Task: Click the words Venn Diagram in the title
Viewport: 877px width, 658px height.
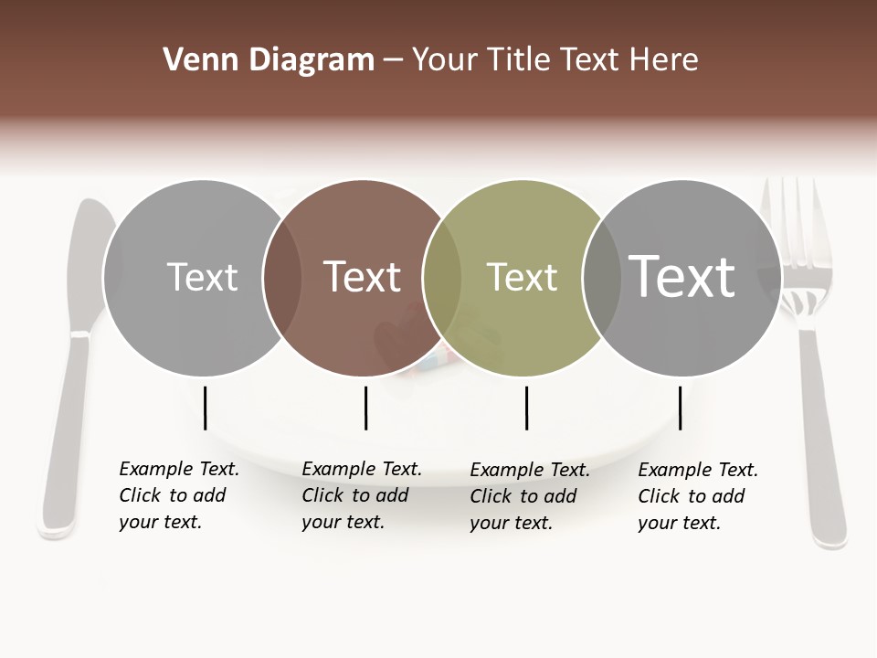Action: point(268,60)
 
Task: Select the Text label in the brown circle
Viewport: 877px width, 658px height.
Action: point(363,277)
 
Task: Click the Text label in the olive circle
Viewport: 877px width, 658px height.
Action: point(522,278)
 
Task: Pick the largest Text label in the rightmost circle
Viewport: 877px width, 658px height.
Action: point(682,276)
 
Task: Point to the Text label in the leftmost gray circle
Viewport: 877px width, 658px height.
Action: point(203,277)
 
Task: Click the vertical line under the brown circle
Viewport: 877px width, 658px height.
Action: point(365,408)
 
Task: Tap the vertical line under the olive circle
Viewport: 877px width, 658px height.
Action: point(526,408)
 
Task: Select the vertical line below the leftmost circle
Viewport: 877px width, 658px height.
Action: point(206,408)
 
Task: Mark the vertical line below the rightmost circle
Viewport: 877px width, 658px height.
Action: point(680,408)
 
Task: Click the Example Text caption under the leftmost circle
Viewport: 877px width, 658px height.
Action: point(179,495)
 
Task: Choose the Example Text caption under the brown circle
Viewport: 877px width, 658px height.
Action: point(362,495)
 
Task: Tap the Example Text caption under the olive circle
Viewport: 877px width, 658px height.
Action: point(530,496)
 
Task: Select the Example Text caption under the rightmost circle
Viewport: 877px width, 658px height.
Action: point(698,496)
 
